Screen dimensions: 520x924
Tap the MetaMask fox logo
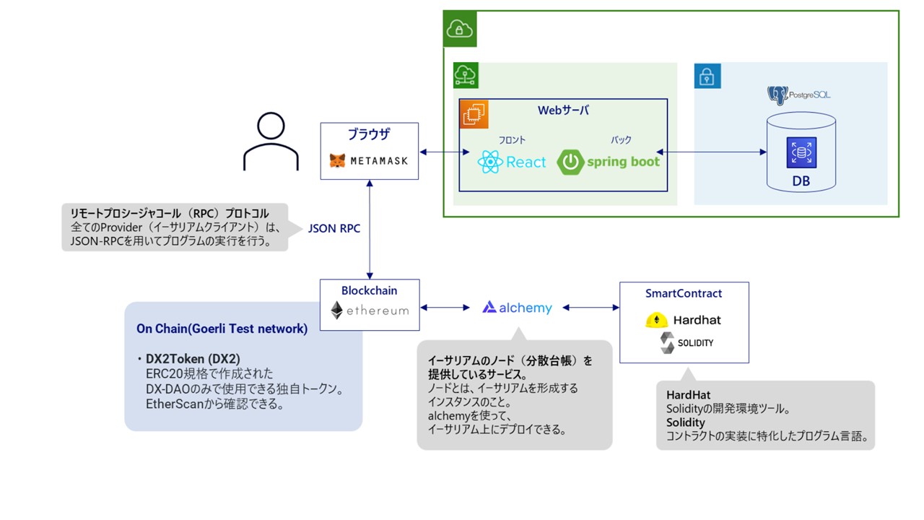[x=337, y=160]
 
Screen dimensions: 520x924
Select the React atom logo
[x=490, y=162]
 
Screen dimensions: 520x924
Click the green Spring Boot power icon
[x=570, y=162]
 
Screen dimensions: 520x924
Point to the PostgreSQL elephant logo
[x=777, y=95]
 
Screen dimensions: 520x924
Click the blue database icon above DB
[x=801, y=152]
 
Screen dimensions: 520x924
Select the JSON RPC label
[x=334, y=228]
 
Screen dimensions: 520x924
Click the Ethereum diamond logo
[x=337, y=311]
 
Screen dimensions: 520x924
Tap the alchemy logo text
[x=517, y=308]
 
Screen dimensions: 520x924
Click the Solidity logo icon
[x=667, y=343]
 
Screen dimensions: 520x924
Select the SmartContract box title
[x=684, y=293]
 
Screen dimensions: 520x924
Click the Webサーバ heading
[x=563, y=110]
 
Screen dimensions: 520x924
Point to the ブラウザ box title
[x=369, y=134]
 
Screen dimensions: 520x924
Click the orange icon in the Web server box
[x=474, y=114]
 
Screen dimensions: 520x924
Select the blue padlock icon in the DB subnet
[x=707, y=76]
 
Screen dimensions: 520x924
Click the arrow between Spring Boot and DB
[x=711, y=152]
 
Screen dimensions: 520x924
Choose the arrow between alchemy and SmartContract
[x=590, y=308]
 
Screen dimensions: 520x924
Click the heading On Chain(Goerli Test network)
[x=222, y=329]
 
